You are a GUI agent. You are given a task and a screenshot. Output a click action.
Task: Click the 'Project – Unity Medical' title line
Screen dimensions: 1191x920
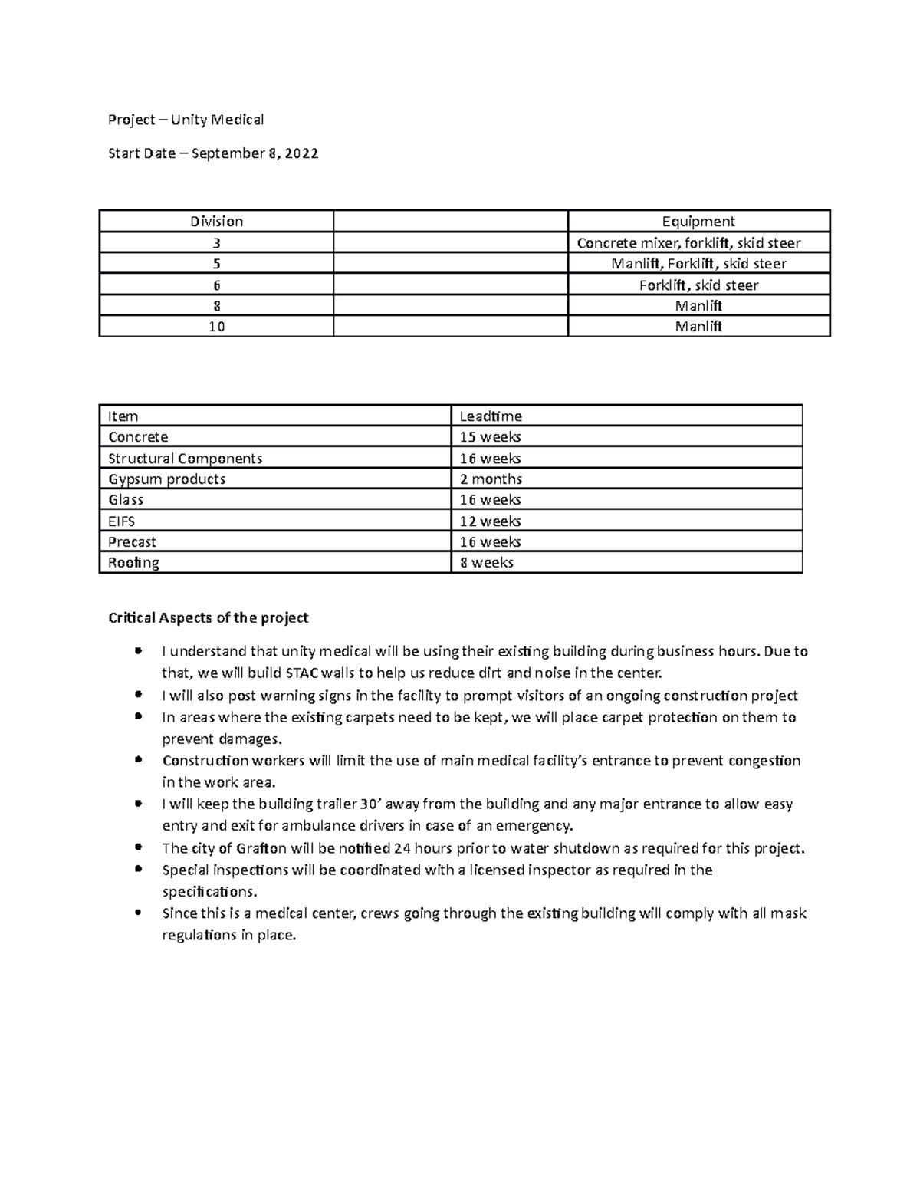coord(186,120)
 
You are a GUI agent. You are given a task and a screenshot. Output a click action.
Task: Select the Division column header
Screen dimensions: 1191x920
coord(217,222)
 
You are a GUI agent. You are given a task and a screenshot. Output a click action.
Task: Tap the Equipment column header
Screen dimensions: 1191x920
coord(698,222)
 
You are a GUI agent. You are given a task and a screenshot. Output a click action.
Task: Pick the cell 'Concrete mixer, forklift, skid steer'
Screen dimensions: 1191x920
coord(698,243)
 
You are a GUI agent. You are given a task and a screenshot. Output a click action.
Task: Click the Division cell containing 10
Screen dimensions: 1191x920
coord(217,327)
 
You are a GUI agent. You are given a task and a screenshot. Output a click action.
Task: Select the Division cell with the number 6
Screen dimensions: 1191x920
coord(217,285)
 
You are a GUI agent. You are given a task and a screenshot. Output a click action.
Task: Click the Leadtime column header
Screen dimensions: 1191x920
coord(491,416)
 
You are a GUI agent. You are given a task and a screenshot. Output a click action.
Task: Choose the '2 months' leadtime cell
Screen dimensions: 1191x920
coord(491,479)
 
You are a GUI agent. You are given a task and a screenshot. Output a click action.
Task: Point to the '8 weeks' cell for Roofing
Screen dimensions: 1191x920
coord(486,563)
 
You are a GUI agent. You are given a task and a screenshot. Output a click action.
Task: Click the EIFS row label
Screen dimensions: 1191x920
coord(122,521)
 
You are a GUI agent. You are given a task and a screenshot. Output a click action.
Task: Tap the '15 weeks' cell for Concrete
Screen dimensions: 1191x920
coord(490,437)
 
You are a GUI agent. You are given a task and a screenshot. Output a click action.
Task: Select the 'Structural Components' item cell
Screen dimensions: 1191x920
coord(186,459)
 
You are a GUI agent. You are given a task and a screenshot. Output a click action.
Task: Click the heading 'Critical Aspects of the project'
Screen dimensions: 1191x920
coord(209,618)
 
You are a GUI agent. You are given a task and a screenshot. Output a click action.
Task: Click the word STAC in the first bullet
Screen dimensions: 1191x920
coord(303,674)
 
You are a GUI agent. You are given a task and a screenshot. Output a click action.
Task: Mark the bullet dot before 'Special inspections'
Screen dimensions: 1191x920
coord(137,870)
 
